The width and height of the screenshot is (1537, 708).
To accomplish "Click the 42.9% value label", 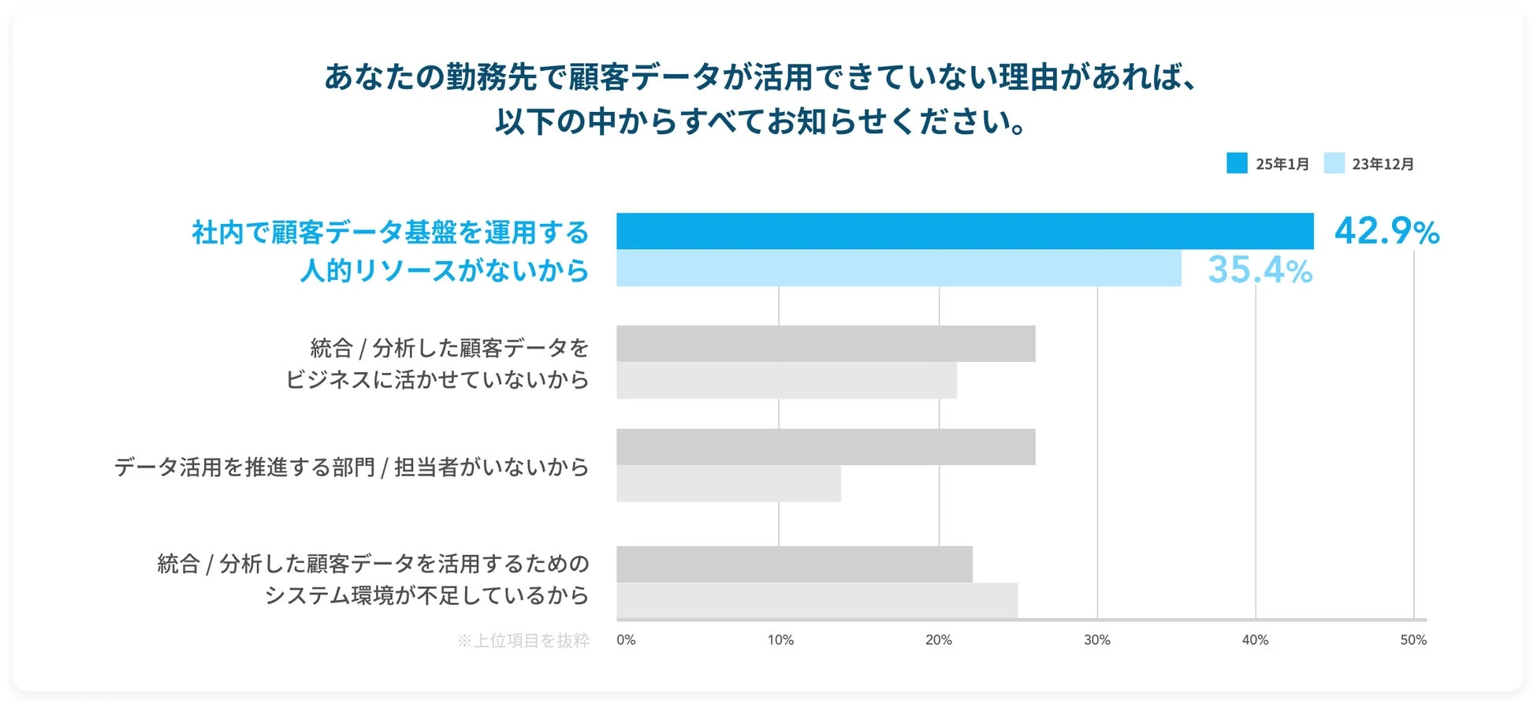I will [x=1386, y=231].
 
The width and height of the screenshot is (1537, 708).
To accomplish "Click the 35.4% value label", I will [x=1260, y=270].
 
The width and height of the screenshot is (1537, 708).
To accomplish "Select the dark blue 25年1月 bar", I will [x=965, y=231].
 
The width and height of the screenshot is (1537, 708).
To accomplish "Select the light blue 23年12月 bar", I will [x=899, y=268].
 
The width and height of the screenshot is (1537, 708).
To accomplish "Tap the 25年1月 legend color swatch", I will [x=1237, y=163].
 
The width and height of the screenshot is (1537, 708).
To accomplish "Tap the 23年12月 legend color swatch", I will [x=1334, y=163].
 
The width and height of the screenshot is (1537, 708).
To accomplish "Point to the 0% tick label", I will [x=626, y=640].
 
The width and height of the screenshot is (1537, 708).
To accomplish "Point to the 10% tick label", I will [x=780, y=640].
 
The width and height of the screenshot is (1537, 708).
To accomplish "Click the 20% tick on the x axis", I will [x=938, y=640].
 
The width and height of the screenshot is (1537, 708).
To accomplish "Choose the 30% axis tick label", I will [x=1096, y=640].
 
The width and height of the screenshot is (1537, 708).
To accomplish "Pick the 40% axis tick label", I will [x=1255, y=640].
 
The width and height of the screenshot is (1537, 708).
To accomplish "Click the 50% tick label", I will [x=1413, y=640].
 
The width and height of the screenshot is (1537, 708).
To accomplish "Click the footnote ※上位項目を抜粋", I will [x=523, y=641].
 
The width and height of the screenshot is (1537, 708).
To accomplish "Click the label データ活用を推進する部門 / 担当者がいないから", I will [x=352, y=467].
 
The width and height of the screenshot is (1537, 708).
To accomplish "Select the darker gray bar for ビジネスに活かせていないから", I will [x=825, y=344].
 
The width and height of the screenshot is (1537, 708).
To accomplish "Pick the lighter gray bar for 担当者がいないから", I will [x=728, y=483].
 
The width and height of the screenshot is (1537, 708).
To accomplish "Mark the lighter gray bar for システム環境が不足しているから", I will [x=817, y=601].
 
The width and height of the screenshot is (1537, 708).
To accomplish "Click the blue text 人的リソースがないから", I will [x=445, y=270].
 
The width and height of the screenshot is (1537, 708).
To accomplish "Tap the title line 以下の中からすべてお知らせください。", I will [x=761, y=121].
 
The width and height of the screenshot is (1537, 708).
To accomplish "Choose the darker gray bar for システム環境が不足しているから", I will [x=795, y=565].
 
